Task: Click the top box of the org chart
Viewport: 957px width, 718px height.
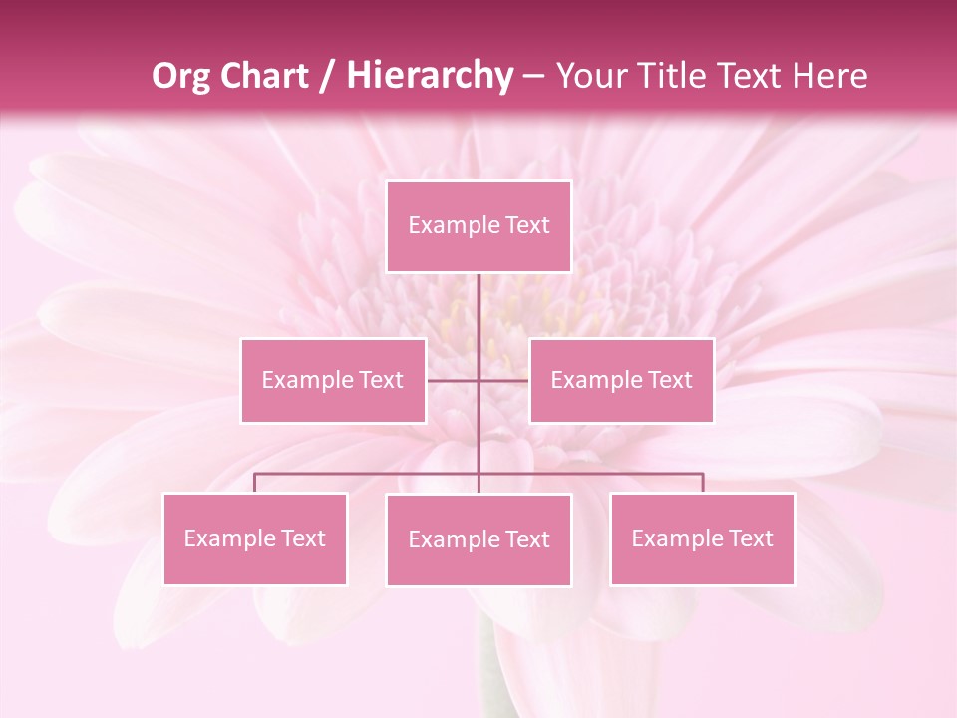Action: pos(478,226)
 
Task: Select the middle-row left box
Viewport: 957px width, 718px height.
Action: pos(333,380)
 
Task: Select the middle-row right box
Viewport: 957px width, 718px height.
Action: pos(621,380)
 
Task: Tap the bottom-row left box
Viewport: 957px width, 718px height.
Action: pos(255,538)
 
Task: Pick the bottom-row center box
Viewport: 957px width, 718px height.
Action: pos(478,539)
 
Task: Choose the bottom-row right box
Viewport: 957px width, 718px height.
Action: pos(702,538)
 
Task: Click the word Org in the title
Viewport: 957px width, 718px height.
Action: pos(180,76)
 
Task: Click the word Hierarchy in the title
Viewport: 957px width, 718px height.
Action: pos(429,76)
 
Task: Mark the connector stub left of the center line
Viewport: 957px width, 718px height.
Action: pos(453,380)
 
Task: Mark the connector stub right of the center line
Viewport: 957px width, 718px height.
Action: pos(504,380)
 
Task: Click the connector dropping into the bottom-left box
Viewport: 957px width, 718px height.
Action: pos(255,483)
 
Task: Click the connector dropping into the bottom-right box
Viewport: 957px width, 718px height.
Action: pos(703,483)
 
